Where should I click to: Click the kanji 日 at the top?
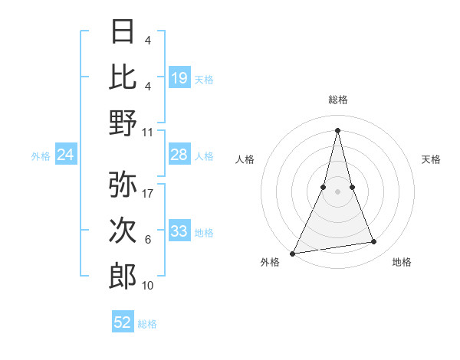click(123, 31)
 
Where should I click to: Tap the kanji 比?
click(123, 77)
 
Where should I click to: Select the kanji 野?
click(123, 123)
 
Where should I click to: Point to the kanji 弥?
click(123, 184)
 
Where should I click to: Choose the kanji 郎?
click(123, 276)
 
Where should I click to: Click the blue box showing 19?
click(179, 77)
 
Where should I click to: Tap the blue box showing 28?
click(179, 155)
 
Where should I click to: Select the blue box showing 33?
click(179, 231)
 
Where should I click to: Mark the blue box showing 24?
click(66, 155)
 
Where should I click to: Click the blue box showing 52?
click(123, 322)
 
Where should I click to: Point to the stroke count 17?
click(149, 194)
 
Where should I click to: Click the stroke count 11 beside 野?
click(149, 132)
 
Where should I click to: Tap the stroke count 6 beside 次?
click(148, 240)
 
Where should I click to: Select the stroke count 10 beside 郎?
click(149, 286)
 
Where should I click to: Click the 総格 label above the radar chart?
click(337, 100)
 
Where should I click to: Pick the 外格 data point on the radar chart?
click(293, 253)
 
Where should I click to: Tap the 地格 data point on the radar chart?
click(374, 242)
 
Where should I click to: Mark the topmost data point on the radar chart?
click(337, 129)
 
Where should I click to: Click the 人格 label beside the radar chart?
click(245, 159)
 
